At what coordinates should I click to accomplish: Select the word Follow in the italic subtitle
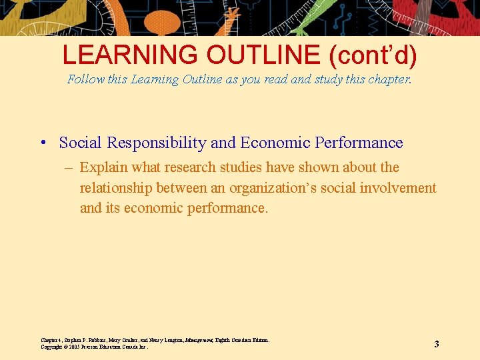86,79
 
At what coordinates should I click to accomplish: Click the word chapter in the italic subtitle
386,79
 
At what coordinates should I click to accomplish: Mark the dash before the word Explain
69,167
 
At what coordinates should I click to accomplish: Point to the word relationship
118,187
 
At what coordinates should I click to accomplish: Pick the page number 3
437,344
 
